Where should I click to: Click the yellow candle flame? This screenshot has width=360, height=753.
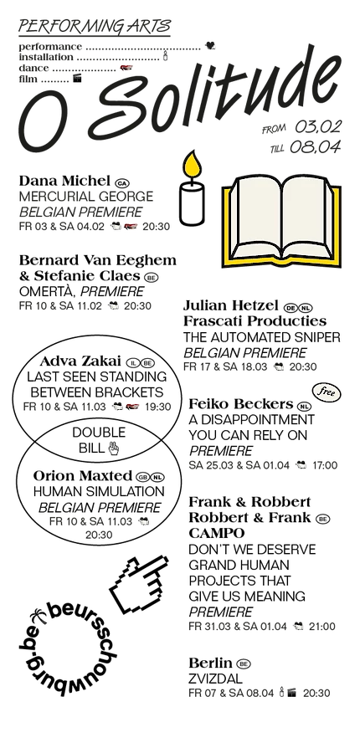click(191, 165)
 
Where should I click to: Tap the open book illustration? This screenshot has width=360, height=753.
click(281, 222)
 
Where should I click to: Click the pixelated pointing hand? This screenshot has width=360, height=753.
click(139, 582)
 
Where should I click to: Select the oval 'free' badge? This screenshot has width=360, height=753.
click(327, 392)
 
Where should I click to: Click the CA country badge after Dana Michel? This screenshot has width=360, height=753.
click(122, 183)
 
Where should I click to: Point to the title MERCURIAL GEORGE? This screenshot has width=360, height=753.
click(86, 197)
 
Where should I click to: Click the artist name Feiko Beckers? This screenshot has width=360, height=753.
click(241, 404)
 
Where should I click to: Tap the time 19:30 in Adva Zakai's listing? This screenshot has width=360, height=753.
click(157, 407)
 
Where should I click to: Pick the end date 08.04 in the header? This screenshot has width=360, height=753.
click(315, 147)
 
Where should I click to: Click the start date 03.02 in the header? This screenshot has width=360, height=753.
click(317, 127)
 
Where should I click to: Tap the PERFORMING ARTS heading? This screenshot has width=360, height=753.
click(95, 26)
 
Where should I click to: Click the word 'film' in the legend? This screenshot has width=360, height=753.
click(28, 79)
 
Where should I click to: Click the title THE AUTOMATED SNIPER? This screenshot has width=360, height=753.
click(262, 337)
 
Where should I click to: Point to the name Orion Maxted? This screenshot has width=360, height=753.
click(82, 476)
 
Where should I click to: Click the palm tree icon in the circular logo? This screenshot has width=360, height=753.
click(39, 616)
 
